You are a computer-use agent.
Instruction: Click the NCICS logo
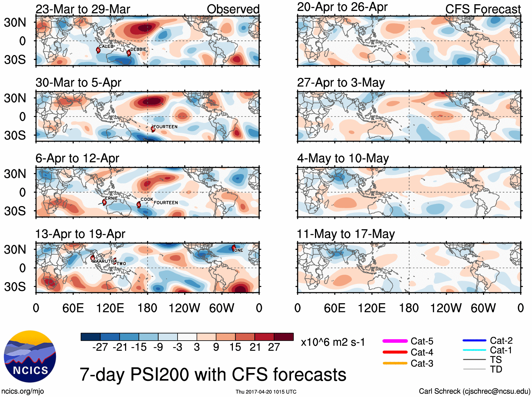click(30, 356)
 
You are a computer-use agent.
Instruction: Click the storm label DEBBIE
click(138, 49)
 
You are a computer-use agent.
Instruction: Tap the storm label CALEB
click(106, 46)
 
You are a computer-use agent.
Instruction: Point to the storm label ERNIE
click(111, 198)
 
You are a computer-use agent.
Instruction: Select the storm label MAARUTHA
click(105, 261)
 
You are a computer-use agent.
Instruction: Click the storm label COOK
click(147, 199)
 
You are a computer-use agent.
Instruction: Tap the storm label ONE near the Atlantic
click(239, 250)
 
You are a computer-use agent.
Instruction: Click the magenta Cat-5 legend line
click(395, 341)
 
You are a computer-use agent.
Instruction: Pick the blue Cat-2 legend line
click(474, 341)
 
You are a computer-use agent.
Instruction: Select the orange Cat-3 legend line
click(395, 363)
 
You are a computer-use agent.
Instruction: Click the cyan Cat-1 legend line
click(474, 350)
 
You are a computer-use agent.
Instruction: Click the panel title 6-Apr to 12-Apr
click(77, 158)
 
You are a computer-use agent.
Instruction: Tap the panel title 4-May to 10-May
click(343, 158)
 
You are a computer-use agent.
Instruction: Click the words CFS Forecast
click(483, 9)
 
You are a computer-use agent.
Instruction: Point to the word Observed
click(233, 9)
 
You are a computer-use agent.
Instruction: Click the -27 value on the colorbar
click(100, 347)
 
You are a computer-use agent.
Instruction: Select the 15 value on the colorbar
click(235, 347)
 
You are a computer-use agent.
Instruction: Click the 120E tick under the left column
click(110, 308)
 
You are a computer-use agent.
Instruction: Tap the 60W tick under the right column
click(483, 308)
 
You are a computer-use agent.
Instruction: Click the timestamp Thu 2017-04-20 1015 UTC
click(266, 392)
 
